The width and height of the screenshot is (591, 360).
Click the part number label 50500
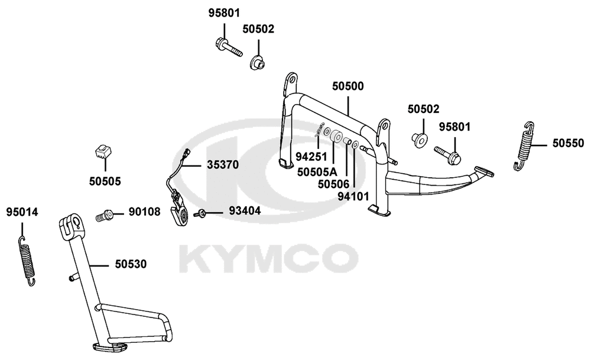pos(348,86)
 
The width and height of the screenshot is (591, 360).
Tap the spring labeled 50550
pos(524,146)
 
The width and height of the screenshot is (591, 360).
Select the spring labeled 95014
pos(27,261)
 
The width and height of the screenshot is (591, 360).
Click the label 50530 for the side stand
pos(131,264)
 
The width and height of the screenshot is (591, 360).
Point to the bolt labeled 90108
pos(105,216)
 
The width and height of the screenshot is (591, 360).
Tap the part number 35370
pos(223,165)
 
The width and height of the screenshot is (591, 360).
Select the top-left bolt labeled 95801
pos(229,47)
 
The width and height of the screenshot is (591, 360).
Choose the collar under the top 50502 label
pos(258,62)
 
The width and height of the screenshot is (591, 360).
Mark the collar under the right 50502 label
pos(420,139)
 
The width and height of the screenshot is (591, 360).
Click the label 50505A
pos(317,172)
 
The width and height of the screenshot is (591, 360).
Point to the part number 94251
pos(311,156)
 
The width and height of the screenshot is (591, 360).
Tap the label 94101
pos(353,196)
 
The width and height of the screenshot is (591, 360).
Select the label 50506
pos(333,184)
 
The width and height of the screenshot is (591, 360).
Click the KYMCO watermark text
pos(268,258)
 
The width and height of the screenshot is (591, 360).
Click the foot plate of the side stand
pos(109,347)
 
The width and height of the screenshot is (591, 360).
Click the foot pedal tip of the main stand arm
pos(484,171)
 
